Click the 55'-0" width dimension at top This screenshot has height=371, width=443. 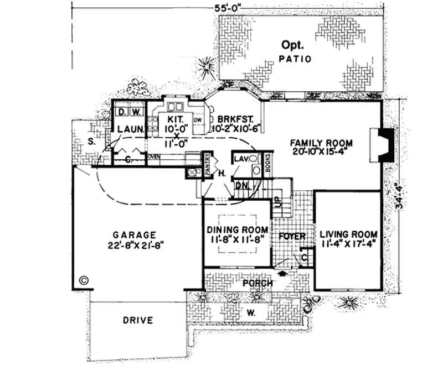(229, 7)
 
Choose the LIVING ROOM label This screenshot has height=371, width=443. (349, 238)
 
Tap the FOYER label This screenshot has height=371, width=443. (292, 236)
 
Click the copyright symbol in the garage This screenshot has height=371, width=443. (84, 280)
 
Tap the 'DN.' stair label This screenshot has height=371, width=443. (241, 186)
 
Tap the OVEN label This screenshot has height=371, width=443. (154, 157)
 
